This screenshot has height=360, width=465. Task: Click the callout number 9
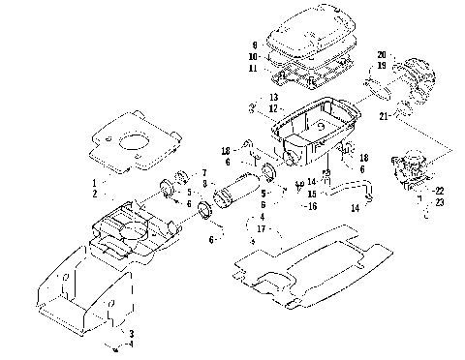(x=254, y=45)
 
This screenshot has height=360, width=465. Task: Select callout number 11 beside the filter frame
(x=254, y=69)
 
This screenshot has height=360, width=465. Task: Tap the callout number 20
(x=382, y=54)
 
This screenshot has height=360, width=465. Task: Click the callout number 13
(x=274, y=98)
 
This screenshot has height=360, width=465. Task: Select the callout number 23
(x=439, y=202)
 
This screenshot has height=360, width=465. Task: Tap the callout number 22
(x=439, y=191)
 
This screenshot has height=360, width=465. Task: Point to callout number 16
(x=311, y=206)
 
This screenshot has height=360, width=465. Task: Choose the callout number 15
(x=311, y=195)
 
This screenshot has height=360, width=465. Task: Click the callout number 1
(x=94, y=182)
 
